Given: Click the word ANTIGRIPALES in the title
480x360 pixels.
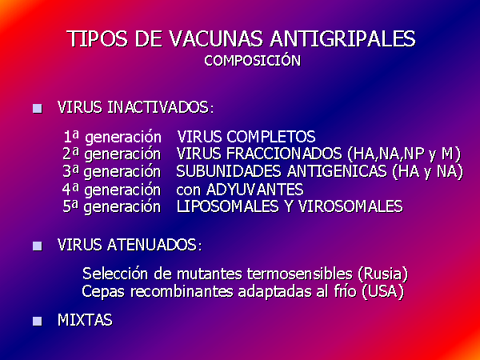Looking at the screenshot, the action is point(343,39).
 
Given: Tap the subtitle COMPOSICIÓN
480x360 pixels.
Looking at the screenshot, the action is point(253,60).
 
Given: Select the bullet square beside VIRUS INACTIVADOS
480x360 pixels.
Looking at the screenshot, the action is point(38,109).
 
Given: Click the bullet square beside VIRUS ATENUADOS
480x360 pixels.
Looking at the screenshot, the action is point(38,246).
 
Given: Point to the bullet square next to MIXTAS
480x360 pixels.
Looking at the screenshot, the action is point(38,321).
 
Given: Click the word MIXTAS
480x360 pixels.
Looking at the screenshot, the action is point(85,320).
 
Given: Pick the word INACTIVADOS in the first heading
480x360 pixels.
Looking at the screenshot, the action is point(161,107).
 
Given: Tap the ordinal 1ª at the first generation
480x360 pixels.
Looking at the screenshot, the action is point(71,136).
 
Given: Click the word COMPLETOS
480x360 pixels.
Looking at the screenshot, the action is point(271,137).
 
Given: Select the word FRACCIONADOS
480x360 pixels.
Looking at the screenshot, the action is point(284,154).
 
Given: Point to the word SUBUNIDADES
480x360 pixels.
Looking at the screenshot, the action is point(229,171).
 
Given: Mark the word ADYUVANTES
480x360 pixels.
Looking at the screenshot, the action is point(255,190).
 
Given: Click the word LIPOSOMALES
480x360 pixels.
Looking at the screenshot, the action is point(227,206).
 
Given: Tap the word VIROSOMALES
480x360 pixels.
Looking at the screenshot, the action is point(350,206).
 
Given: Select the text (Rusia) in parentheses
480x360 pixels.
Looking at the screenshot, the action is point(382,274).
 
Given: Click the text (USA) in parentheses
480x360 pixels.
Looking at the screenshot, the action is point(382,291).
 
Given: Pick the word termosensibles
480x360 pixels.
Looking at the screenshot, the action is point(300,274).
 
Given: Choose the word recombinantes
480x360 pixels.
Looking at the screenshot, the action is point(182,291).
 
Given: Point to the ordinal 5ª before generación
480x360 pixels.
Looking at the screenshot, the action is point(70,206).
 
